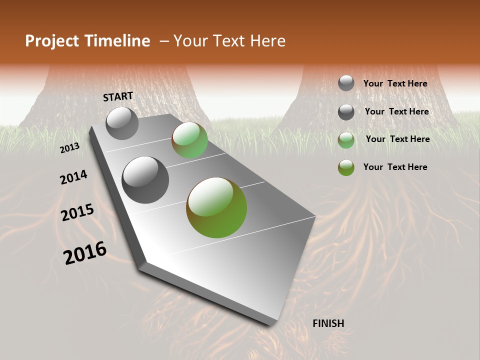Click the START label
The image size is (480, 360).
118,96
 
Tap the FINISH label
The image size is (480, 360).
328,323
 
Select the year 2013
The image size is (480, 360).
70,147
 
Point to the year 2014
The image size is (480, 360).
73,177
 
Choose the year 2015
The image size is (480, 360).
77,212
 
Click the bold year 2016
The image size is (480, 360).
85,253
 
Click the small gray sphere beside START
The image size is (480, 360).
122,123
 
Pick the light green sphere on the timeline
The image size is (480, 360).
189,140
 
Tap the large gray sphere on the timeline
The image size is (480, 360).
145,180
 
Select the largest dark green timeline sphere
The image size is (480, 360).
216,207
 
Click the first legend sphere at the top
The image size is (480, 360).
346,83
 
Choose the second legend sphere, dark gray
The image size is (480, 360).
346,112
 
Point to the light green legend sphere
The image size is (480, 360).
346,140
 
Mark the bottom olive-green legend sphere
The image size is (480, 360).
346,167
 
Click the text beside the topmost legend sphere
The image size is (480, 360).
395,83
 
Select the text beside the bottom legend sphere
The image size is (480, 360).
395,167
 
